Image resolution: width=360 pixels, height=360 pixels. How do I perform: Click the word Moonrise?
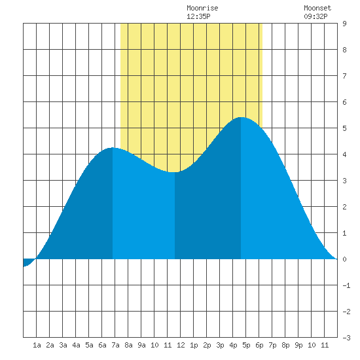click(x=202, y=8)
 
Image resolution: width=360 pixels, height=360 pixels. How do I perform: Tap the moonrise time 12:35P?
click(x=198, y=16)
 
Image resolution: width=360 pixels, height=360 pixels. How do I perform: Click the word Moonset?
click(x=317, y=8)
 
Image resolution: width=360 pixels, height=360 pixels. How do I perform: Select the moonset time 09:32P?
click(x=315, y=16)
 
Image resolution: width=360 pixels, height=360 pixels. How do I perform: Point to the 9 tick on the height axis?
click(x=344, y=24)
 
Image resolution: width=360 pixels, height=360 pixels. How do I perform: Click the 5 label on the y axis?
click(x=344, y=128)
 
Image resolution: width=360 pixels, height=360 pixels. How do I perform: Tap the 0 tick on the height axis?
click(x=344, y=259)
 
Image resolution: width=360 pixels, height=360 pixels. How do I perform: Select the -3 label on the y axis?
click(x=346, y=338)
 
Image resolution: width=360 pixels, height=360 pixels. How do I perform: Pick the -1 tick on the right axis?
click(x=346, y=285)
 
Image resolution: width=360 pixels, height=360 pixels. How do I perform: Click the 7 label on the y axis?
click(x=344, y=76)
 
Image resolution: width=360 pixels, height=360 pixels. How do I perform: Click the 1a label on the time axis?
click(x=37, y=345)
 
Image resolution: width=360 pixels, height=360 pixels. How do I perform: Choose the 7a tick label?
click(x=115, y=345)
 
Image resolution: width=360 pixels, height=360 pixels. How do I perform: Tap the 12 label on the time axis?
click(x=181, y=345)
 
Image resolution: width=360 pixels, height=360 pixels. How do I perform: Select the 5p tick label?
click(x=246, y=345)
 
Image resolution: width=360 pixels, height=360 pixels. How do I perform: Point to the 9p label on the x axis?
click(x=298, y=345)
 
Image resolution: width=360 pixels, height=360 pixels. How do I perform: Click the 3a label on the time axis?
click(x=63, y=345)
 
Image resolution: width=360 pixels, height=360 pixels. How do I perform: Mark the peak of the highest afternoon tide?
click(x=241, y=117)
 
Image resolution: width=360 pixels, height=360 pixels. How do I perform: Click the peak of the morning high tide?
click(x=113, y=148)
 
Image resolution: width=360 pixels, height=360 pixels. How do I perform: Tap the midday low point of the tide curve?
click(x=175, y=172)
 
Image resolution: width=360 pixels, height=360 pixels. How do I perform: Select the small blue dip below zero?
click(x=27, y=262)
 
